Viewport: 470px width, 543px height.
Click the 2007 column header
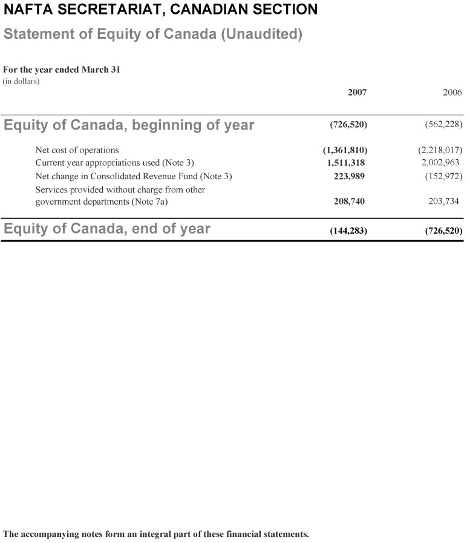coord(357,92)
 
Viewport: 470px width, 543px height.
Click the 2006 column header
coord(452,92)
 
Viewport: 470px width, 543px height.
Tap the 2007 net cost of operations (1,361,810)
coord(345,150)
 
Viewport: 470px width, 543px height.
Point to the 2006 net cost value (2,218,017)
coord(440,150)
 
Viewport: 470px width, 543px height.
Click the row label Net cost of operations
coord(77,150)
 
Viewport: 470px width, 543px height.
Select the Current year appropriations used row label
coord(114,162)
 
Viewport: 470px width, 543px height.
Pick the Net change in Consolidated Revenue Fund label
coord(134,176)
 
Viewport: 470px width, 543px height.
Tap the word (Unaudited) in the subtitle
coord(261,34)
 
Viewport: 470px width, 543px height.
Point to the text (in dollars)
coord(21,81)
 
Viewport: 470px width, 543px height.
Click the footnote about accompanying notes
coord(156,534)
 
